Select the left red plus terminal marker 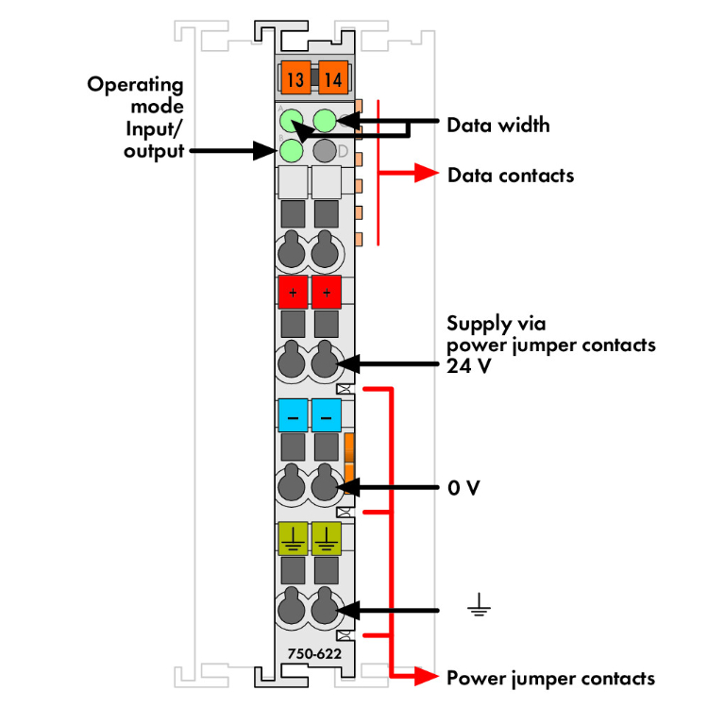293,293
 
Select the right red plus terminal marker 327,293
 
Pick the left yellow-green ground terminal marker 293,535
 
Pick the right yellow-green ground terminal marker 327,535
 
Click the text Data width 498,125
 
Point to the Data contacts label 511,175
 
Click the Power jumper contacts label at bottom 550,678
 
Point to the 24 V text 469,367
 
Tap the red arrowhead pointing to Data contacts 428,175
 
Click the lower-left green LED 292,150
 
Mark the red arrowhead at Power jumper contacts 428,676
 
